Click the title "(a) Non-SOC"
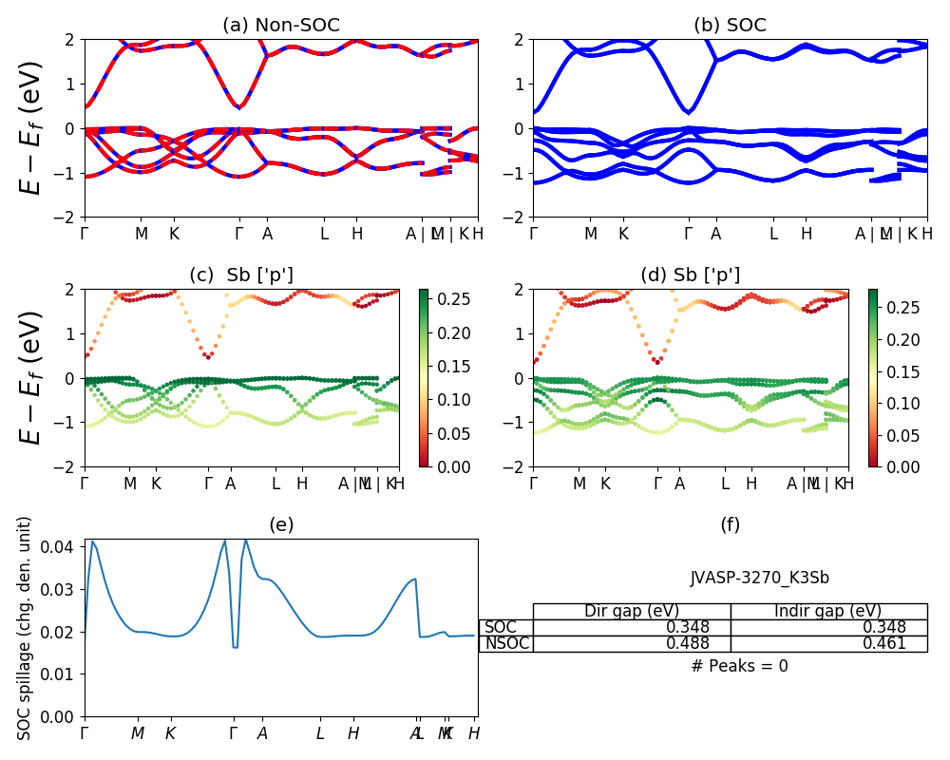point(280,26)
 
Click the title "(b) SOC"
point(730,26)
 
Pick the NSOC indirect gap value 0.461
point(883,644)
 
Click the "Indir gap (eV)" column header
point(828,611)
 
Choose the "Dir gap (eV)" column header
point(632,611)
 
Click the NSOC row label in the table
point(506,644)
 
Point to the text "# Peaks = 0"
point(740,666)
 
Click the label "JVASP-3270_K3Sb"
point(760,577)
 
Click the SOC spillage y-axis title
point(26,627)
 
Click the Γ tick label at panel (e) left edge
point(85,733)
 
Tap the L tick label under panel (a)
point(324,234)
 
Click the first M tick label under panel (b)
point(590,234)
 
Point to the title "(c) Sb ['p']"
point(241,275)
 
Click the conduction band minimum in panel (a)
point(239,106)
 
